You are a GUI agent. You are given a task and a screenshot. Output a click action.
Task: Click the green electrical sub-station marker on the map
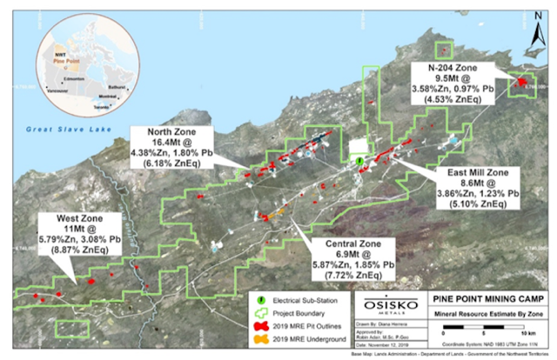tap(359, 162)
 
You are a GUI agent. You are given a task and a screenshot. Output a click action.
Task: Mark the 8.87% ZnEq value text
tap(60, 249)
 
